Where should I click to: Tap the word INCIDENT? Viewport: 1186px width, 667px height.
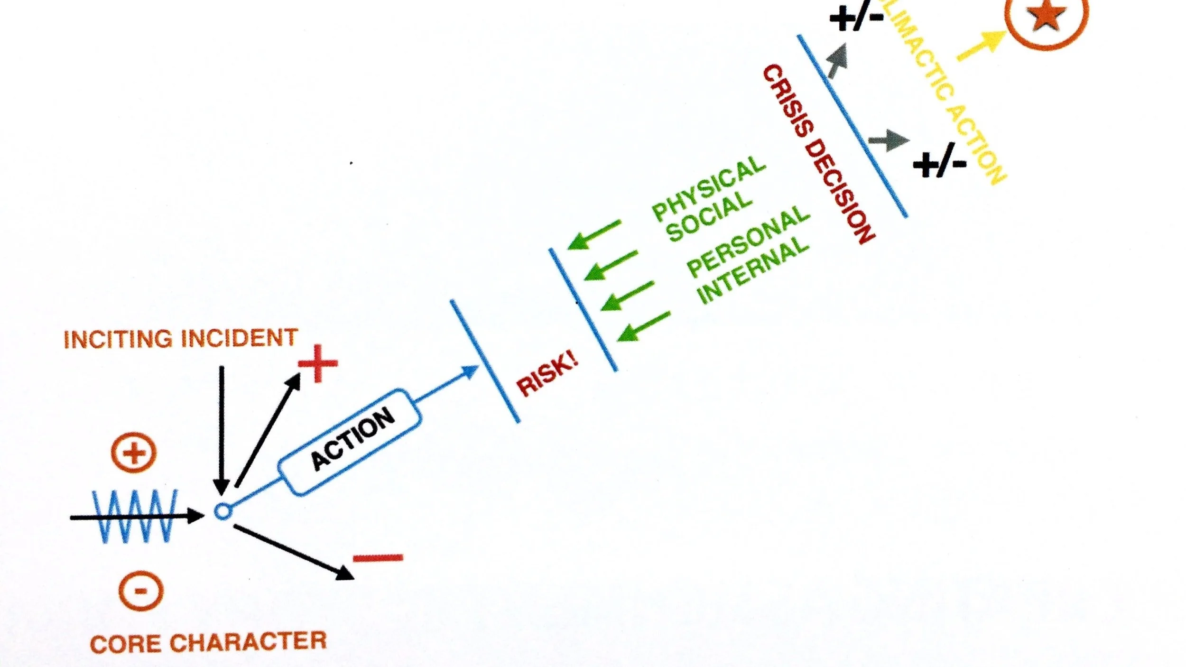[x=239, y=338]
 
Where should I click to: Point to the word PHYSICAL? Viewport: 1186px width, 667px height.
[x=709, y=188]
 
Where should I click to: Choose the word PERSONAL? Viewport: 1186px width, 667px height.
[x=748, y=241]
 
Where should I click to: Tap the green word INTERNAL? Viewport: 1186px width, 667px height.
[x=753, y=269]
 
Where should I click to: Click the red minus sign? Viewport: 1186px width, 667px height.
[x=378, y=558]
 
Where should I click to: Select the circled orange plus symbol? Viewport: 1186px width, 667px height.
[x=134, y=453]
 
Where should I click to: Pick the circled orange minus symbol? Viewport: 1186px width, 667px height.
[x=141, y=591]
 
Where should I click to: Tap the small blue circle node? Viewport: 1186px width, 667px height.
[x=222, y=512]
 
